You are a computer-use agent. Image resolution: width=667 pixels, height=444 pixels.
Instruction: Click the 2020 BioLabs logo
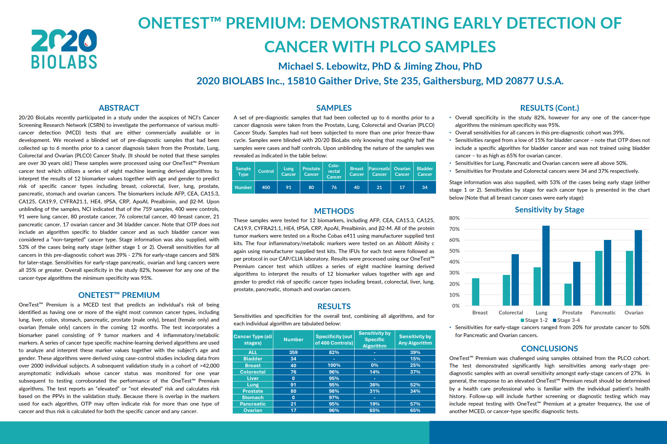[64, 49]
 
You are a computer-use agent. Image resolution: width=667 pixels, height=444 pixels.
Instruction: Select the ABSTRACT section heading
[119, 108]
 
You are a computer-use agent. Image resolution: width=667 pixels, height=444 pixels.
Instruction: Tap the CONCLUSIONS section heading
[549, 349]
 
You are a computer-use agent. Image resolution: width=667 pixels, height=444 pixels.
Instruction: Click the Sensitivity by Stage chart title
[549, 210]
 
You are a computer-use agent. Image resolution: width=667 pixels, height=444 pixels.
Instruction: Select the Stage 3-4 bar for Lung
[546, 265]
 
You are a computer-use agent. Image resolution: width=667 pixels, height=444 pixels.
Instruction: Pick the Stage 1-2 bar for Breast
[476, 292]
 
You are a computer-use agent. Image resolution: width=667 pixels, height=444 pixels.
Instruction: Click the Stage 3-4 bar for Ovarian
[638, 268]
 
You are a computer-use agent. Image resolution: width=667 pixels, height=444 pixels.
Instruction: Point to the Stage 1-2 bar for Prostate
[568, 294]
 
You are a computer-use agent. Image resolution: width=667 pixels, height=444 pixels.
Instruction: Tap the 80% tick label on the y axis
[454, 218]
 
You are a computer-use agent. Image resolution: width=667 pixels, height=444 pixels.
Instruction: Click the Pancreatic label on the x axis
[603, 313]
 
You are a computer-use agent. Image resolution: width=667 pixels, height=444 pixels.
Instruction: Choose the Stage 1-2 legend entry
[534, 320]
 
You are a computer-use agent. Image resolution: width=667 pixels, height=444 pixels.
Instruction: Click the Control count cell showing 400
[266, 187]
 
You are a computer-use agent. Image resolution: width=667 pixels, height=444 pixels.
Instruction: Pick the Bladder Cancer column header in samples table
[425, 171]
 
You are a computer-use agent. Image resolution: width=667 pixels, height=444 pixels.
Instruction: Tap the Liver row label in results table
[253, 378]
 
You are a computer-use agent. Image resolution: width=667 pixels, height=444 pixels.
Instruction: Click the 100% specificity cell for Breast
[334, 365]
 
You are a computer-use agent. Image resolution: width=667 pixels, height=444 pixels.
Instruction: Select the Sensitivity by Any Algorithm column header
[415, 340]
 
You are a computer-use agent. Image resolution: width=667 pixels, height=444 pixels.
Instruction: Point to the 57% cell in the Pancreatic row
[415, 404]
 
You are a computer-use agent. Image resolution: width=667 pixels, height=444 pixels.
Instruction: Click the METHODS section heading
[334, 211]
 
